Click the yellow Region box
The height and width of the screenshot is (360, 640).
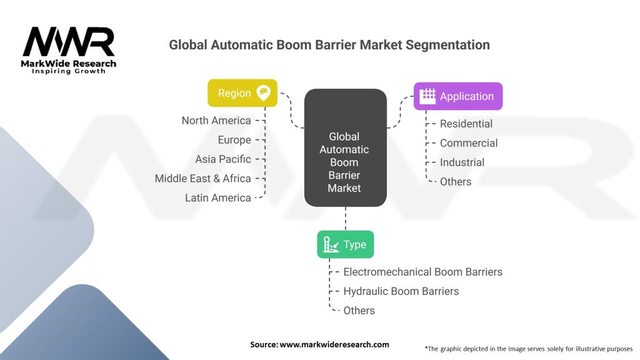click(242, 93)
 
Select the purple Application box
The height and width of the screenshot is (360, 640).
click(457, 96)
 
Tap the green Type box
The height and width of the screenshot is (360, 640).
click(345, 244)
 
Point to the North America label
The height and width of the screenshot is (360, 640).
click(216, 121)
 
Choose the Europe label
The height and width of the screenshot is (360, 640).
click(234, 140)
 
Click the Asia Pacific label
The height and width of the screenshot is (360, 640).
click(222, 159)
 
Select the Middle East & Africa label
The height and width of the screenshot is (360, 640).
click(202, 179)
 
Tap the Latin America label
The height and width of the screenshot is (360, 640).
click(217, 198)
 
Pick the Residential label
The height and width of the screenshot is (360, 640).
click(466, 124)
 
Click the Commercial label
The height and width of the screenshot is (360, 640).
click(469, 143)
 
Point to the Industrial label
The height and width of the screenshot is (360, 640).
click(462, 162)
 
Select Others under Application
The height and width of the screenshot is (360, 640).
click(456, 182)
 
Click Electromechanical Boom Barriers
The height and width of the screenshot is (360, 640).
click(422, 272)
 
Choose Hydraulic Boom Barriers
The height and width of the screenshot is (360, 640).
click(401, 291)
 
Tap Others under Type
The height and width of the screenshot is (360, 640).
click(359, 311)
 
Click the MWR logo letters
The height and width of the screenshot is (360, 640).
click(69, 42)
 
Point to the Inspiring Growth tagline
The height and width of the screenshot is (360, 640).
click(69, 71)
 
